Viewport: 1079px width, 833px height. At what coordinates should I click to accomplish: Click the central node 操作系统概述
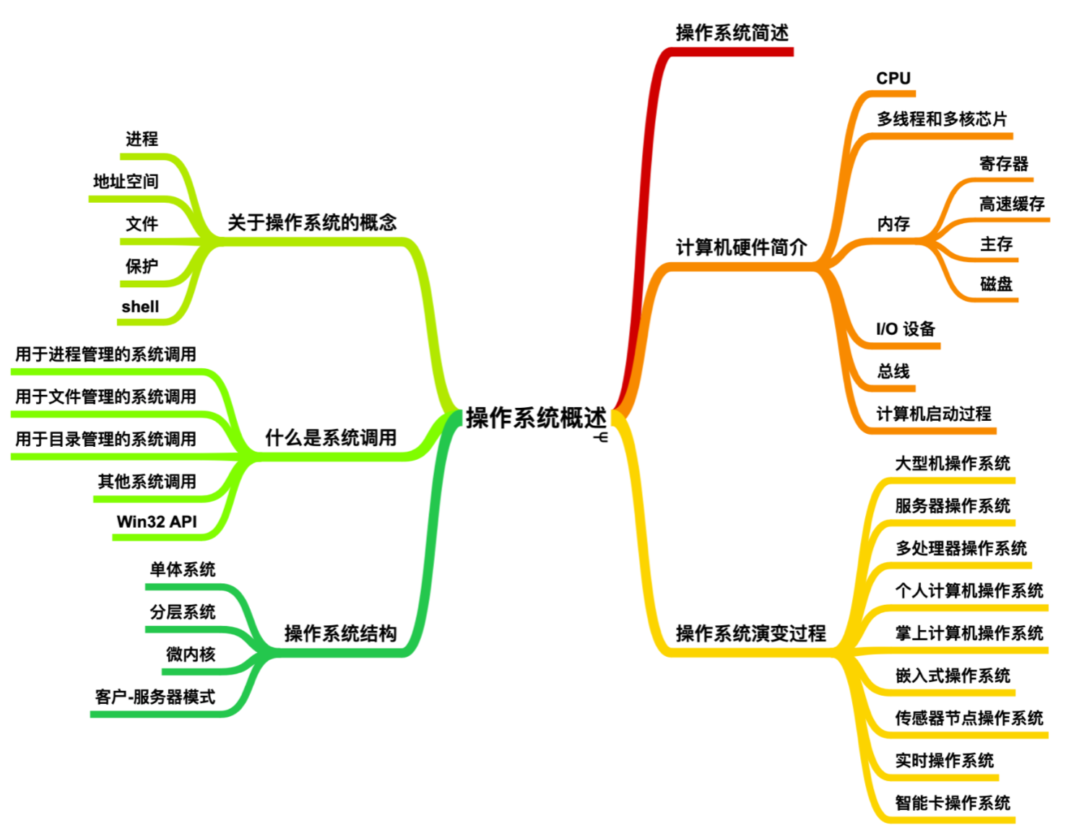point(535,417)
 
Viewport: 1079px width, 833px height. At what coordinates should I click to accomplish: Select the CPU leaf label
point(893,78)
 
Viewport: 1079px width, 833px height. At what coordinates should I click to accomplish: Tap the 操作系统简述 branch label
point(732,32)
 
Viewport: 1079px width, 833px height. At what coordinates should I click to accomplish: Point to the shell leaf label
point(140,307)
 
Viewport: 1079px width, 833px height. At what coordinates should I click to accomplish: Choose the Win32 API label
point(157,521)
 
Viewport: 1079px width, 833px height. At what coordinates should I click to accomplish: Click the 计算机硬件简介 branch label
point(741,248)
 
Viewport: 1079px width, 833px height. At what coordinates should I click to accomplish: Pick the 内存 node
point(893,224)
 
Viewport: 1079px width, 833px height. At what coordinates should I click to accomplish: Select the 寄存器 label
point(1003,164)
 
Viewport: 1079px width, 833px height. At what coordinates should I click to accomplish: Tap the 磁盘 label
point(996,284)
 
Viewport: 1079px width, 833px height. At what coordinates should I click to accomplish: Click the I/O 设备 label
point(906,329)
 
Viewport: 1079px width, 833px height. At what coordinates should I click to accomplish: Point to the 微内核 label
point(191,654)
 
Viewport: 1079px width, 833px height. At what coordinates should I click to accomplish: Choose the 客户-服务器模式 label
point(155,697)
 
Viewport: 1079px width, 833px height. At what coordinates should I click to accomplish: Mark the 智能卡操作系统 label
point(953,803)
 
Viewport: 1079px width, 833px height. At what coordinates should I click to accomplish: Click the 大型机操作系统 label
point(953,463)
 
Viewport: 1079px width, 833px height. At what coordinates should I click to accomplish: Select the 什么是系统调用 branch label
point(331,437)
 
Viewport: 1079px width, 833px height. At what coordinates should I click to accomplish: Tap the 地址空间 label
point(126,181)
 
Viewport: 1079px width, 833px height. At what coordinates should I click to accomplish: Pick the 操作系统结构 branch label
point(340,633)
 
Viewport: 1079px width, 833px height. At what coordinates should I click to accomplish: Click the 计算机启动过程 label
point(934,414)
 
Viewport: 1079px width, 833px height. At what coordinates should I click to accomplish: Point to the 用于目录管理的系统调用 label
point(105,439)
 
